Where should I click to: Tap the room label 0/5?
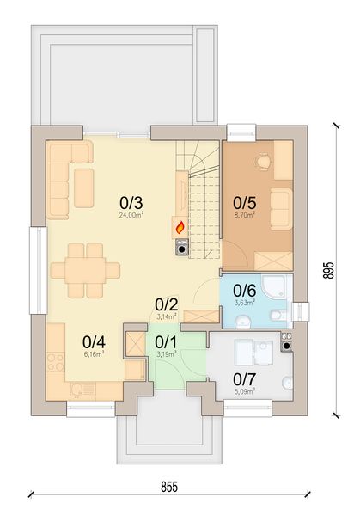(x=244, y=203)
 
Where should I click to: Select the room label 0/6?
(x=244, y=291)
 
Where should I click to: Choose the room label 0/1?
(x=166, y=341)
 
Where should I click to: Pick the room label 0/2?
(x=166, y=304)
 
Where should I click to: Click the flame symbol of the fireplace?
(x=180, y=228)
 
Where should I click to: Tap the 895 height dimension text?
(x=327, y=271)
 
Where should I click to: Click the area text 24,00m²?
(x=131, y=216)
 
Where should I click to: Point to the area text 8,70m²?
(x=244, y=216)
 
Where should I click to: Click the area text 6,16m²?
(x=94, y=353)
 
